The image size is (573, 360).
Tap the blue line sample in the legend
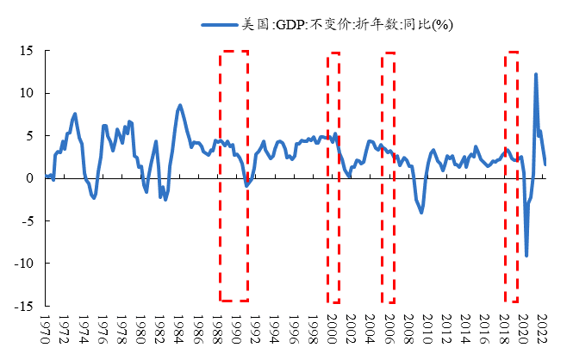click(x=220, y=26)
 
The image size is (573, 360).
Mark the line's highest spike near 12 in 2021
click(x=536, y=74)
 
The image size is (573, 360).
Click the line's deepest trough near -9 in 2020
click(x=526, y=256)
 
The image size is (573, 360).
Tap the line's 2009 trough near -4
click(x=421, y=212)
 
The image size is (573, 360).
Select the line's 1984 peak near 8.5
click(x=179, y=105)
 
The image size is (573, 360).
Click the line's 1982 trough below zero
click(x=165, y=199)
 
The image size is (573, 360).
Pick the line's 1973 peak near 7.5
click(x=75, y=114)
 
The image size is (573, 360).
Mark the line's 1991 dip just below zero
click(x=246, y=185)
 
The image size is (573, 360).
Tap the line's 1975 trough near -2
click(x=94, y=198)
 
